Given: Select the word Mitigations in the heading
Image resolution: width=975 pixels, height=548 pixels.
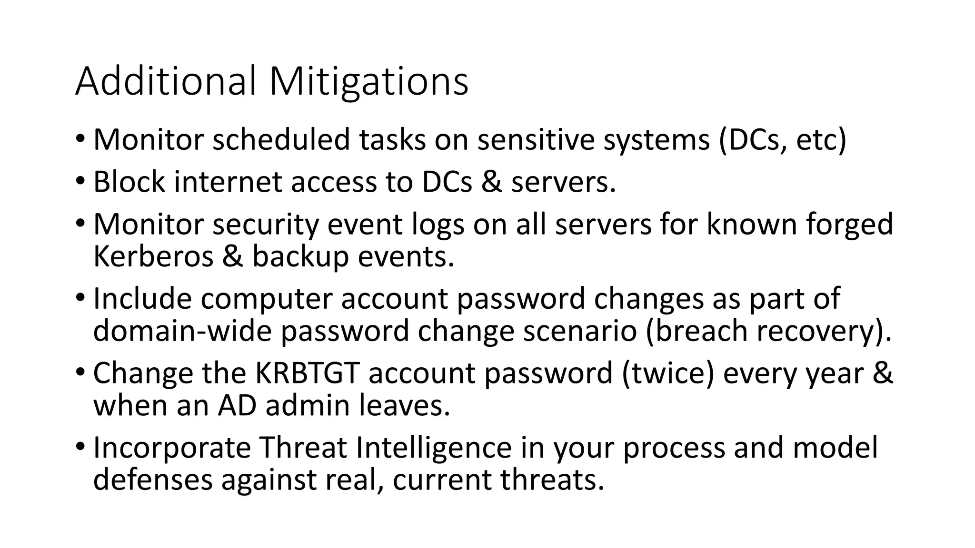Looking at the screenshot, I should (368, 81).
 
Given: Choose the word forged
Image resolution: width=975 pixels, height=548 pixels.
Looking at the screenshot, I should (849, 225).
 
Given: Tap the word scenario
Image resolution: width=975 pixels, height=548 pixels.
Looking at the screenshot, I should (579, 331).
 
